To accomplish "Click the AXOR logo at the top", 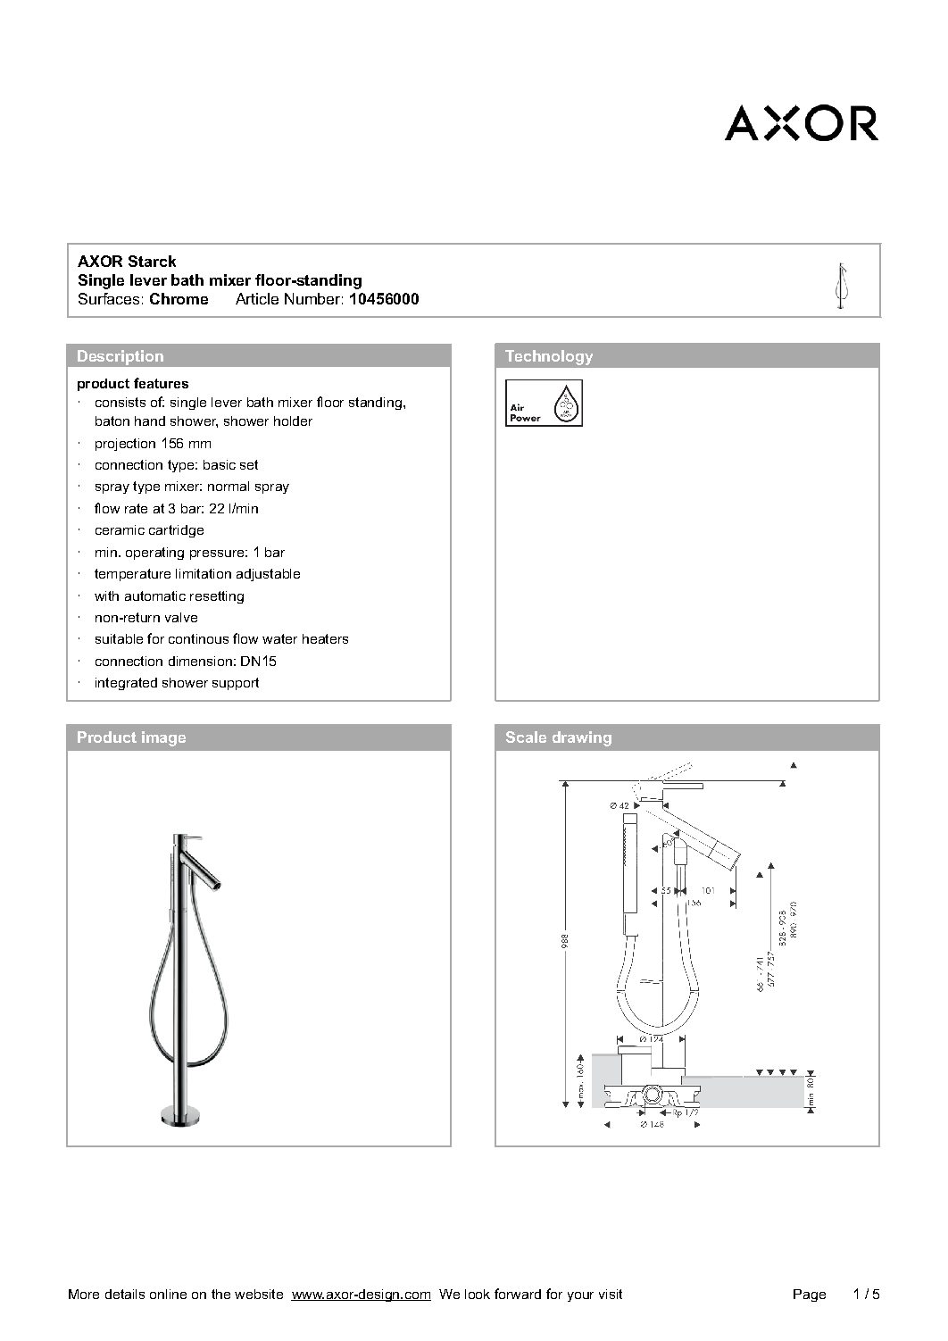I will [x=801, y=123].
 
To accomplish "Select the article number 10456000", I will [x=383, y=300].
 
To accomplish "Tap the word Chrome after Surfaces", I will [x=179, y=300].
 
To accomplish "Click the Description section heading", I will [x=120, y=356].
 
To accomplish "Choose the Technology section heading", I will [x=548, y=356].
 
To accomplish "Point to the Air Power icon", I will [x=544, y=404].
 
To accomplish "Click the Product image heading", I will [x=131, y=737].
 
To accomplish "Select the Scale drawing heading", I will [x=558, y=737].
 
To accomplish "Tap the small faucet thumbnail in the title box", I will [x=840, y=287].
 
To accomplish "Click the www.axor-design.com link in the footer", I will [x=362, y=1295].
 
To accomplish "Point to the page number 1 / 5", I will [x=866, y=1295].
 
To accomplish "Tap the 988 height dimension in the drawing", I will [x=565, y=941].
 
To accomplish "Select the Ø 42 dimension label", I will [x=620, y=806].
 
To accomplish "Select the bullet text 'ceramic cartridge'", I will [x=149, y=530].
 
